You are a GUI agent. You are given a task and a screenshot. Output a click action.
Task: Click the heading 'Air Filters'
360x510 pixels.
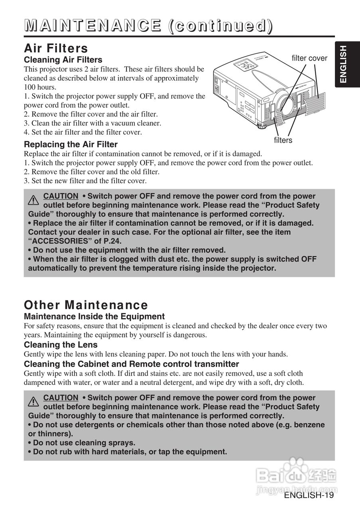[x=56, y=49]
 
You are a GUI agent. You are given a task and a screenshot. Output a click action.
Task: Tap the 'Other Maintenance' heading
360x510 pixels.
[x=86, y=305]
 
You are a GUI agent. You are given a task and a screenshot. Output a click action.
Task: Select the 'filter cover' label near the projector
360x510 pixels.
[x=309, y=58]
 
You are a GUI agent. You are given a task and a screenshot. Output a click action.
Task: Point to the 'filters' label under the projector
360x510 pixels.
[x=283, y=140]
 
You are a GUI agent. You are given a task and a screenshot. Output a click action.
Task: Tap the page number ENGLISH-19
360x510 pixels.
[x=309, y=495]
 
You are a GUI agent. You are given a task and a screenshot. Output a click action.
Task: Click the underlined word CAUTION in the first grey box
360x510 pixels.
[x=61, y=196]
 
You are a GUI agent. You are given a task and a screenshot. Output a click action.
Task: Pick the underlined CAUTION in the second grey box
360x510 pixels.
[x=61, y=398]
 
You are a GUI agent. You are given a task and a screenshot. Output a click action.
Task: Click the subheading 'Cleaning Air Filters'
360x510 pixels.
[x=63, y=60]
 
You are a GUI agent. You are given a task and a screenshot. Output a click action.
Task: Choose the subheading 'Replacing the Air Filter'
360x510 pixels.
[x=71, y=144]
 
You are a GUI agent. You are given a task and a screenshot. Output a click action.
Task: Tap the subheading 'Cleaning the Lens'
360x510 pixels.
[x=61, y=345]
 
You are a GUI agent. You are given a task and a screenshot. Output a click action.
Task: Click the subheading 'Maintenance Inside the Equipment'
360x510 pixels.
[x=94, y=316]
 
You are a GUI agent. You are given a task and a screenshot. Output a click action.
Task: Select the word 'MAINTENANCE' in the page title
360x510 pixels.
[x=93, y=25]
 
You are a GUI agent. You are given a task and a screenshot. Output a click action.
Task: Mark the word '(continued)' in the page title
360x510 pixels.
[x=220, y=25]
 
